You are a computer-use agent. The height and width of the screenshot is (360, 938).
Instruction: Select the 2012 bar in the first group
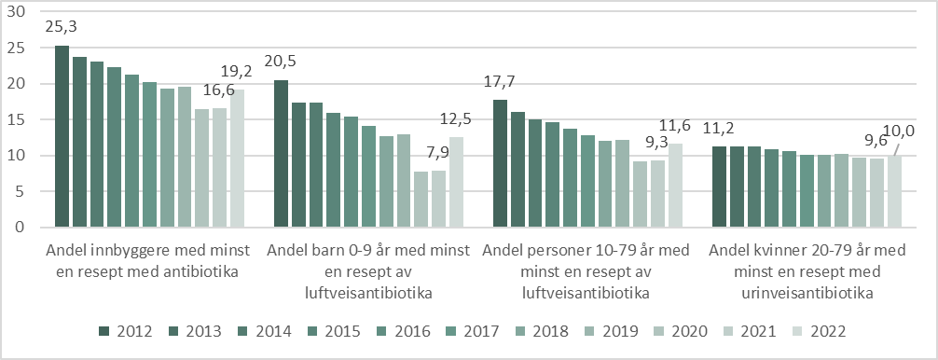62,136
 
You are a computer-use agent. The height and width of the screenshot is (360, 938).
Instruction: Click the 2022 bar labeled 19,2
237,159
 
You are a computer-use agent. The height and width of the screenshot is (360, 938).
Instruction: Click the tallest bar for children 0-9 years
281,154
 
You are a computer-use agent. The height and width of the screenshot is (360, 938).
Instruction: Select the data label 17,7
500,80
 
